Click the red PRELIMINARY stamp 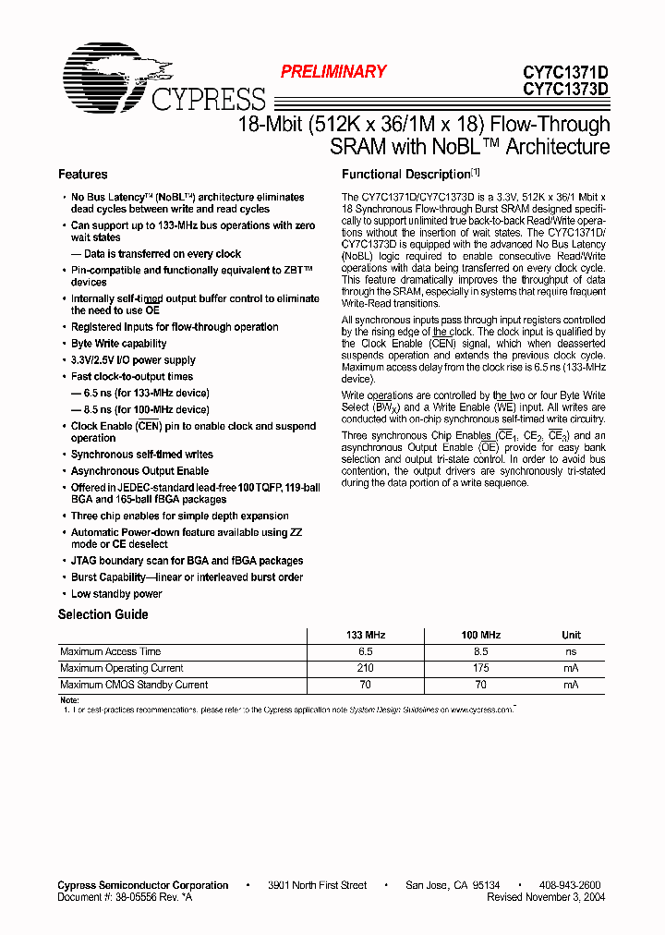click(x=332, y=72)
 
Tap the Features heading click(x=82, y=175)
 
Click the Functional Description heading click(x=406, y=175)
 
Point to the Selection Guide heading click(x=103, y=614)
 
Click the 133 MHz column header click(x=365, y=636)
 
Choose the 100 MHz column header click(x=480, y=636)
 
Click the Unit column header click(x=571, y=636)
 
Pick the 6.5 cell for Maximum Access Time click(x=365, y=652)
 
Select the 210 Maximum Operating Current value click(x=365, y=668)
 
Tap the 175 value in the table click(x=480, y=668)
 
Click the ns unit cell click(x=571, y=652)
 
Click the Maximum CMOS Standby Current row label click(x=134, y=685)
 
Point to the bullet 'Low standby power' click(x=116, y=594)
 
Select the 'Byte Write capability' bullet click(x=119, y=344)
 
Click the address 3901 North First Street click(x=317, y=885)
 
